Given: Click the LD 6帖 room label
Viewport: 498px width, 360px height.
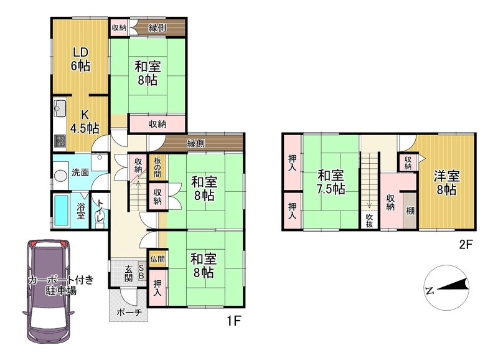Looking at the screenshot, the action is (80, 59).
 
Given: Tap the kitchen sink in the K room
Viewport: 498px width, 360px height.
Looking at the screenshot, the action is (60, 108).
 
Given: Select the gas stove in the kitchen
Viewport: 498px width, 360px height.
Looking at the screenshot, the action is (60, 141).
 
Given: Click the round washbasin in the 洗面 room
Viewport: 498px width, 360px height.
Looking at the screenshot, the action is (60, 176).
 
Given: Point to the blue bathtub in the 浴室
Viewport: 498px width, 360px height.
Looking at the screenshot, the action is (61, 211).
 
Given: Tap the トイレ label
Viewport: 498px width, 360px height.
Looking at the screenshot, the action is (100, 211).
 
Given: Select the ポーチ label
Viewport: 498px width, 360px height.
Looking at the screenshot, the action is (129, 313).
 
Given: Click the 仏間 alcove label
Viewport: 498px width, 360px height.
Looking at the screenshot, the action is (157, 259).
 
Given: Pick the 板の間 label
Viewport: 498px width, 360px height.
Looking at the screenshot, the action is (157, 167).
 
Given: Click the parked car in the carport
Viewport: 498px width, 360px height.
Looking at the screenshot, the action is (49, 291).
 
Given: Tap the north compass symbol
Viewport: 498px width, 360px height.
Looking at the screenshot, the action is (446, 288).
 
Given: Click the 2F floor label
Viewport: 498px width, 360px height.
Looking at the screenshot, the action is (466, 245).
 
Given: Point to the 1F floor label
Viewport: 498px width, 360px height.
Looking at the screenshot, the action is (234, 321).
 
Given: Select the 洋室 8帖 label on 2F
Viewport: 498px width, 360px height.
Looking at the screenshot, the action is (446, 182).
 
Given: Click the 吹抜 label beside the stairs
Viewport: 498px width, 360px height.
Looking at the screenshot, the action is (369, 220).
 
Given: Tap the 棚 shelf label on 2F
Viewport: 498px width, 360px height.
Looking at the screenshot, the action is (410, 211).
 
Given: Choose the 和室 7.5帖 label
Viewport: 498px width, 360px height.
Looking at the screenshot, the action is (331, 182).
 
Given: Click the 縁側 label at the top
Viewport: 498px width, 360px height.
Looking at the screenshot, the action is (157, 28).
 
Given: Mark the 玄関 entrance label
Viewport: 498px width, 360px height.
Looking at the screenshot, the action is (128, 273).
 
